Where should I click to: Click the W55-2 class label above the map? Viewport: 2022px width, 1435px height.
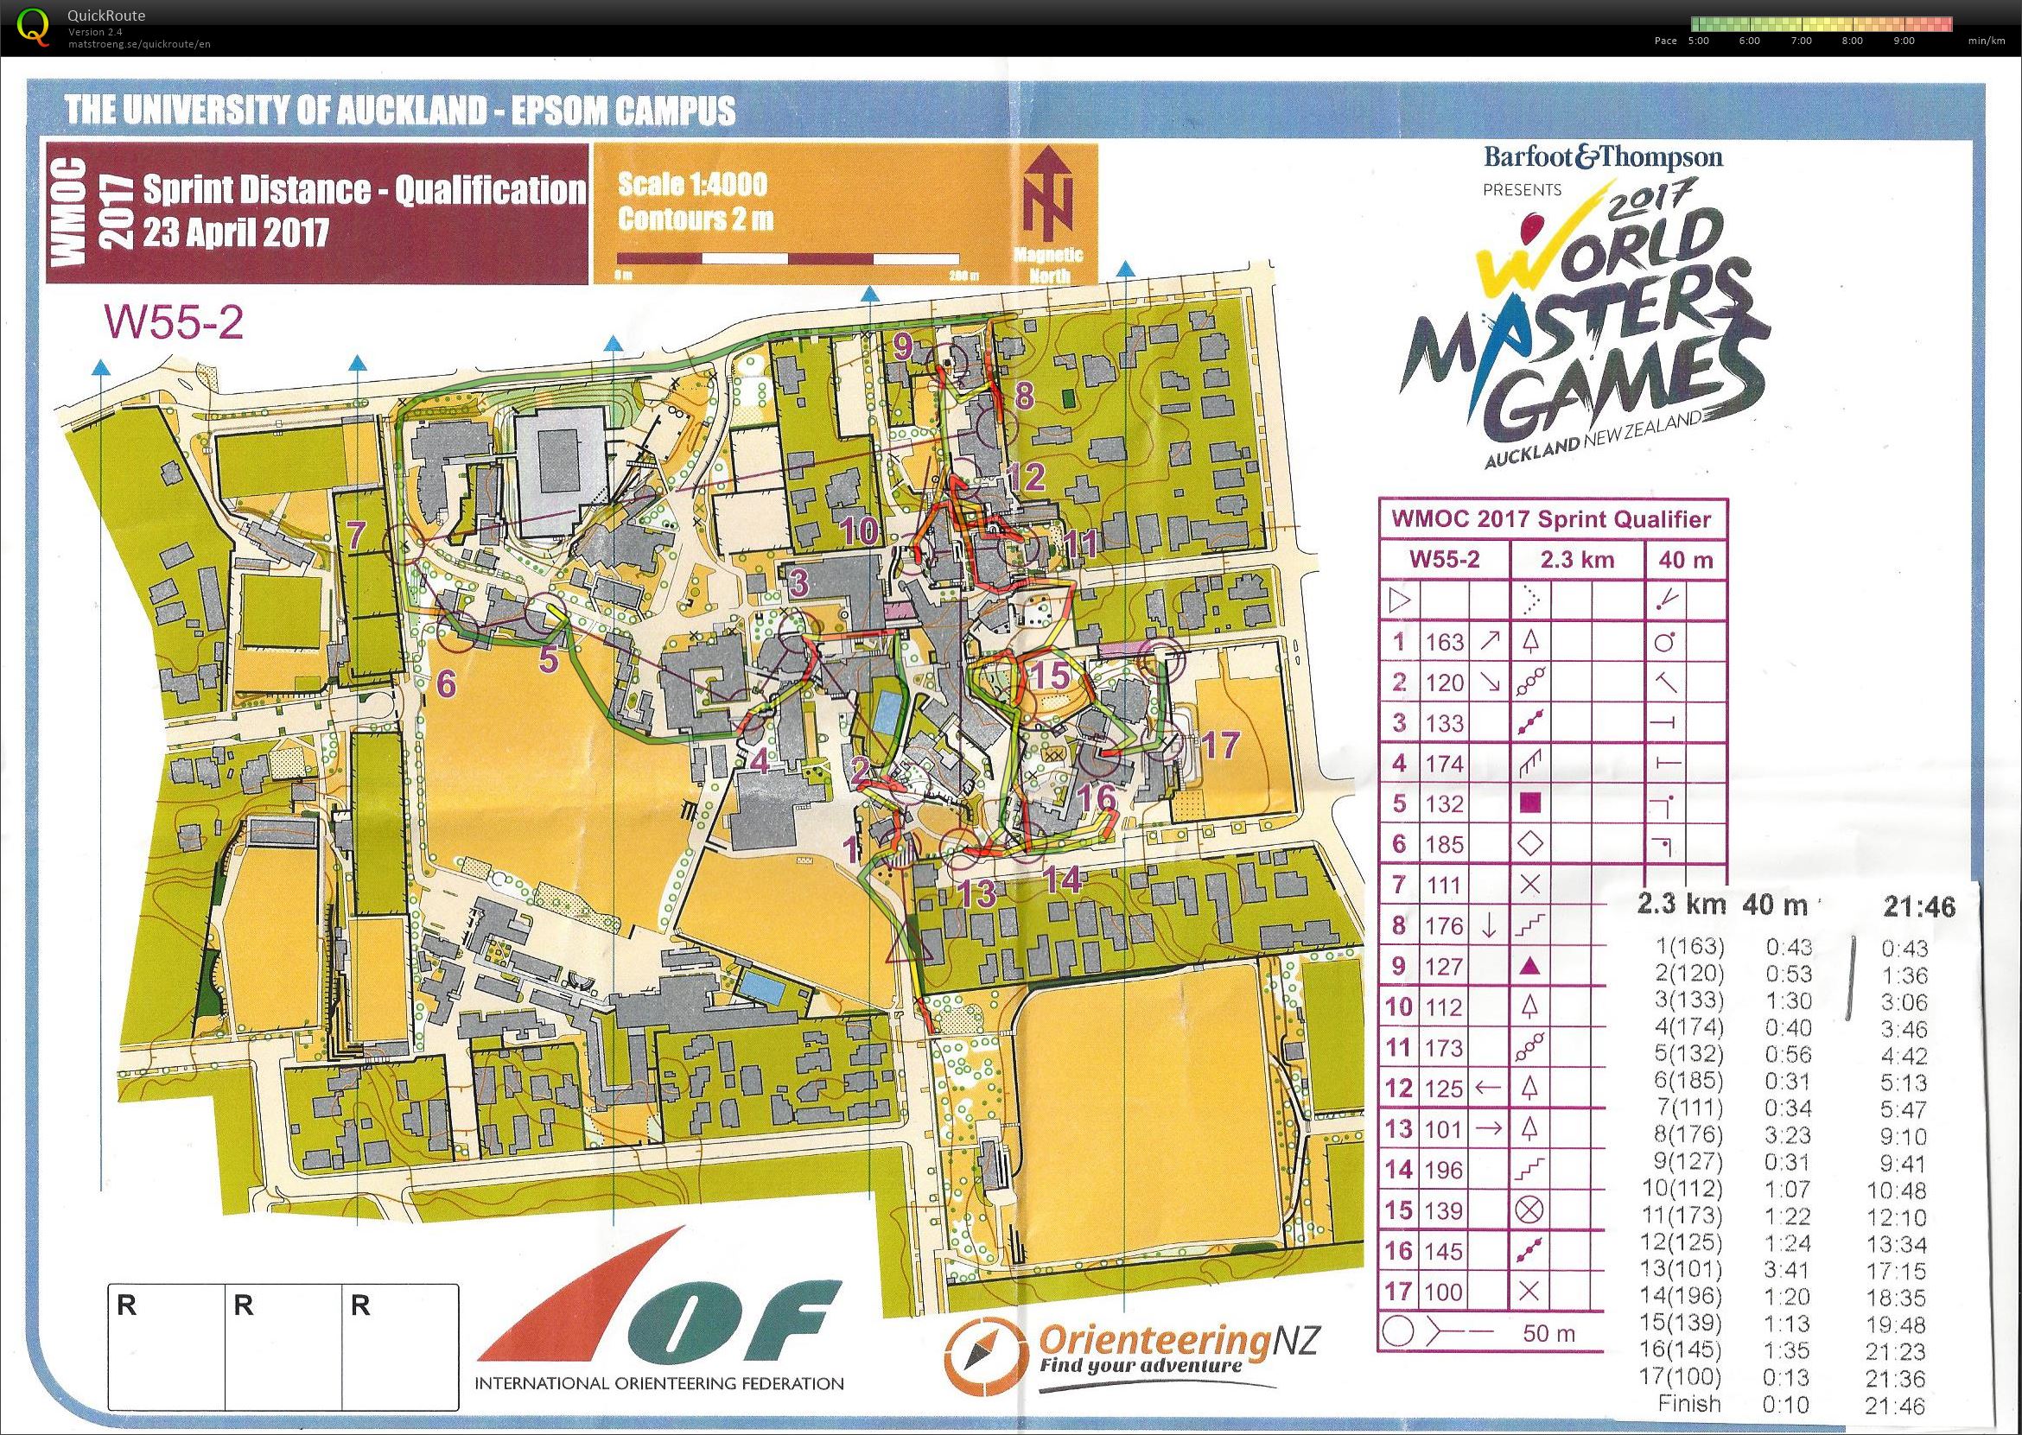tap(173, 322)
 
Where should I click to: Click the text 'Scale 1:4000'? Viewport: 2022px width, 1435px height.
tap(692, 185)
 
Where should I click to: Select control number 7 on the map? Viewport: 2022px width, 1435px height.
tap(356, 536)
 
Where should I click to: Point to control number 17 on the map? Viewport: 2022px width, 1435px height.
tap(1220, 745)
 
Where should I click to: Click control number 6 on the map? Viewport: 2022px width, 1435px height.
tap(445, 683)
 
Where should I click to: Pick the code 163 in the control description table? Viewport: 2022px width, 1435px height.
tap(1444, 642)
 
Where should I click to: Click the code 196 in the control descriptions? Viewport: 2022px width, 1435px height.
tap(1444, 1170)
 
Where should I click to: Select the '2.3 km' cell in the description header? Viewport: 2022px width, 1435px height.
tap(1577, 559)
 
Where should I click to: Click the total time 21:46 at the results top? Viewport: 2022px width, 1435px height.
tap(1918, 905)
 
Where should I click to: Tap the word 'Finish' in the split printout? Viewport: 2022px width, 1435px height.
tap(1688, 1403)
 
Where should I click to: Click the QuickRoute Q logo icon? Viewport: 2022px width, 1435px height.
tap(34, 27)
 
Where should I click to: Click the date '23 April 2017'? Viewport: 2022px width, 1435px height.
tap(235, 232)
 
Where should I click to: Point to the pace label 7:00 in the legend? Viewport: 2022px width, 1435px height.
tap(1800, 41)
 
